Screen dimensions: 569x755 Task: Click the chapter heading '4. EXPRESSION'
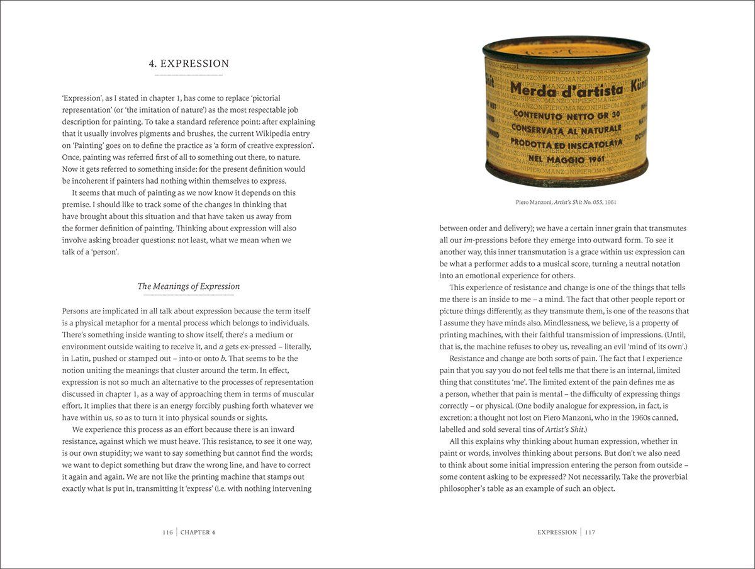189,64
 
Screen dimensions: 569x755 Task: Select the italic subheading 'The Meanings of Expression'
189,286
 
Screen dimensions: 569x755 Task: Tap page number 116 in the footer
167,532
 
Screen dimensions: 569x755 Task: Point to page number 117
590,532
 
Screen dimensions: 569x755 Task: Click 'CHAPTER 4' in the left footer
198,532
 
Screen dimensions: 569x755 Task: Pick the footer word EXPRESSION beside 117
557,532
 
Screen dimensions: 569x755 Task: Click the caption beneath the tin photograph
565,202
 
